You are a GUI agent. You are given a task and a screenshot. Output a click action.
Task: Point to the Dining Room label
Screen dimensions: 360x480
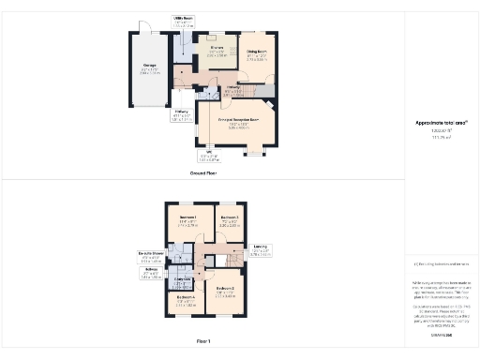[255, 52]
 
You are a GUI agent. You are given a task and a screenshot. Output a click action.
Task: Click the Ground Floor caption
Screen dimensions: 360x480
[204, 173]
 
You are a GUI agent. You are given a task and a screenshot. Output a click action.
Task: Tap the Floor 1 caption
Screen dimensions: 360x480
[203, 340]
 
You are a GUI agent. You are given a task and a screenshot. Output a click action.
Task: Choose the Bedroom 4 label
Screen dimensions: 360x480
[187, 299]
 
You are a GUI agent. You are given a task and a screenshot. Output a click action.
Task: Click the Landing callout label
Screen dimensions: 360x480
[260, 250]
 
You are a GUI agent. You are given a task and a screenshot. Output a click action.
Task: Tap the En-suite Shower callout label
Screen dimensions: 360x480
[151, 253]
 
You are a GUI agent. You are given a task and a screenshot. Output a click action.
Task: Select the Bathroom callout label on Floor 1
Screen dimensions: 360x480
[151, 272]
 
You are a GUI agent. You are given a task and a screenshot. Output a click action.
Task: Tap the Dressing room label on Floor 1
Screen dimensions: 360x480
[184, 278]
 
